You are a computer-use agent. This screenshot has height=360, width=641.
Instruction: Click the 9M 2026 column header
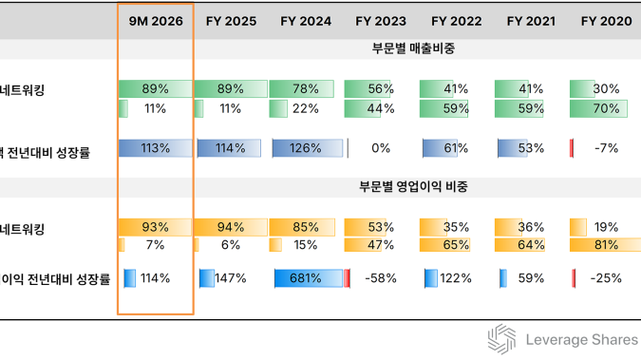(x=155, y=20)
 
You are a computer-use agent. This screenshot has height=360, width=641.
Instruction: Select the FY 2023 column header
(x=381, y=20)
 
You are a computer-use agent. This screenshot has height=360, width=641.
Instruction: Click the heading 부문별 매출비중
(x=413, y=48)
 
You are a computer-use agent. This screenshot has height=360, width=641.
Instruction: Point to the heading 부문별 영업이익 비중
(x=413, y=187)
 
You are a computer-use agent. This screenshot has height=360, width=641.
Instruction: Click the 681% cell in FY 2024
(x=306, y=278)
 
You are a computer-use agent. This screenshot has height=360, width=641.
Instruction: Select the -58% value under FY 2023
(x=381, y=278)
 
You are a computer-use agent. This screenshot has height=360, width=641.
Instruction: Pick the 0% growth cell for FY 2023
(x=381, y=148)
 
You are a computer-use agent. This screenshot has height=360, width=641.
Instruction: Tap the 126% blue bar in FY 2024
(x=306, y=148)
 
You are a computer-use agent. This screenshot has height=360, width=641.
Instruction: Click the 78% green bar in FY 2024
(x=306, y=89)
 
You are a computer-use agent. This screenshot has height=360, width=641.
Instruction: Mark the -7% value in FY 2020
(x=606, y=148)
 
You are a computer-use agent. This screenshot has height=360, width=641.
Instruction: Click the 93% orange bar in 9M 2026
(x=155, y=227)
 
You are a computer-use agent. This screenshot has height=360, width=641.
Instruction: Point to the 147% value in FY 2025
(x=230, y=278)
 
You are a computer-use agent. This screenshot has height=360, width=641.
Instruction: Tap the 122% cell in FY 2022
(x=456, y=278)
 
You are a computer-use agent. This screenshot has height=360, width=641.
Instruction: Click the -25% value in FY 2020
(x=606, y=278)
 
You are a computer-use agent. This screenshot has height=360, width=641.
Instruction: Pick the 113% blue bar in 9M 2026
(x=155, y=148)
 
